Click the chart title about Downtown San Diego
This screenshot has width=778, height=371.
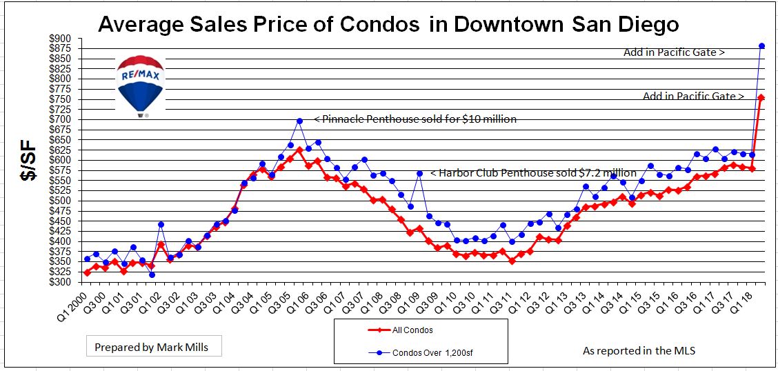[388, 25]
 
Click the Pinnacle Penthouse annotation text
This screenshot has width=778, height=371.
[415, 119]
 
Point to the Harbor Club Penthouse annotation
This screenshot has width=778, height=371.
[533, 173]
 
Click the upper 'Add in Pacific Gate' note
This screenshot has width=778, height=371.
[673, 52]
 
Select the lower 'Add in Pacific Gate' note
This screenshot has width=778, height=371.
[692, 97]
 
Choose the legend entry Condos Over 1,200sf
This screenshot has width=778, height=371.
[421, 353]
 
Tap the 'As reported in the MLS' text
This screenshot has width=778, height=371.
[639, 350]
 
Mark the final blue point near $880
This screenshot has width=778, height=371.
[761, 46]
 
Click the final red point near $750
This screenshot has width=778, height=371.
[761, 98]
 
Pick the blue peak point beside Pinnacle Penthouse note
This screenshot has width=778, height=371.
[299, 121]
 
